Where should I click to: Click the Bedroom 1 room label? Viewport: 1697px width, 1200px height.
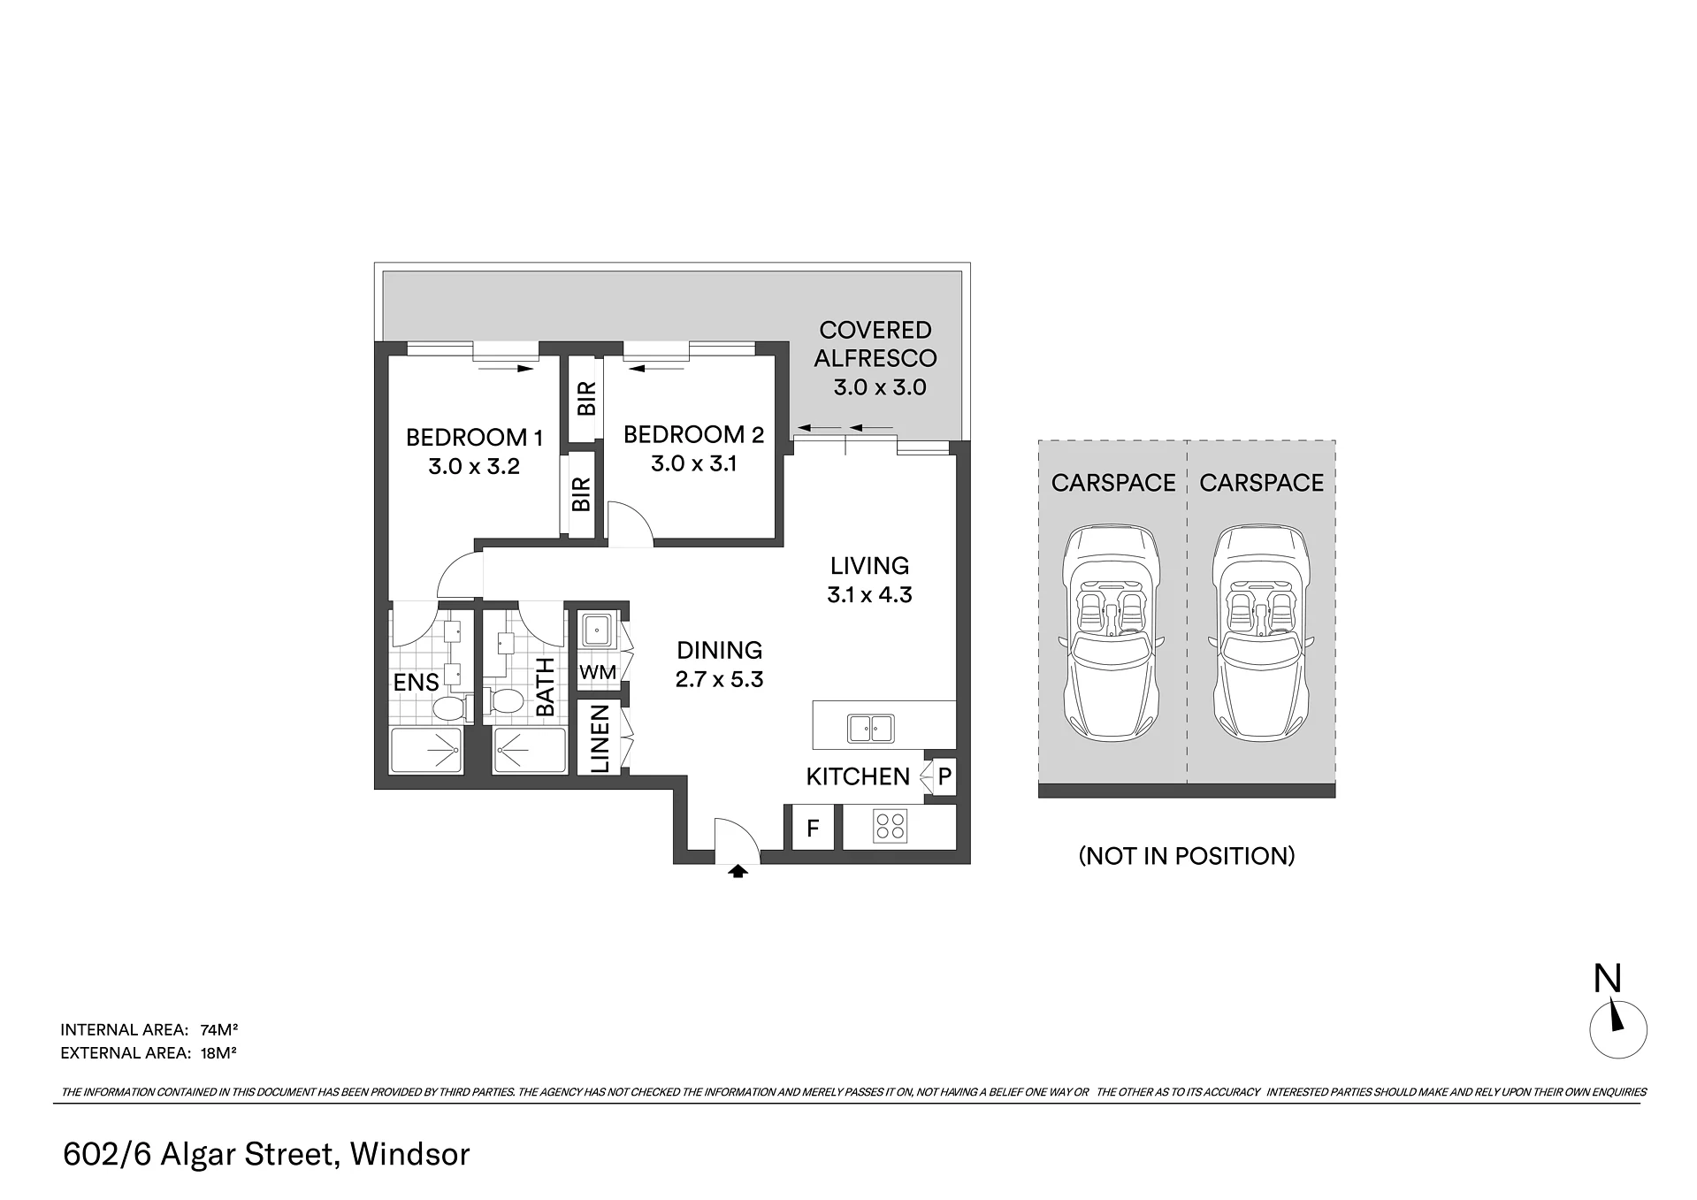[x=474, y=437]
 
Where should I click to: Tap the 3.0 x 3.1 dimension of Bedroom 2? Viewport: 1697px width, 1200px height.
[x=694, y=463]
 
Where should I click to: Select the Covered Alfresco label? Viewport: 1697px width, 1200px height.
[x=875, y=344]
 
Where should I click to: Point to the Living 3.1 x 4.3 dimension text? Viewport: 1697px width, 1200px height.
[x=869, y=595]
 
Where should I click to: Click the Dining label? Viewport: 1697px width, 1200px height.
[x=719, y=650]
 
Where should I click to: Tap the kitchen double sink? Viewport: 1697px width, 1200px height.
[x=871, y=729]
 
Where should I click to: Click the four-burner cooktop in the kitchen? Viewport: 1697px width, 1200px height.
[x=889, y=826]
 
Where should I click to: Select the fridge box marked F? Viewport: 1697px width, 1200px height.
[x=813, y=828]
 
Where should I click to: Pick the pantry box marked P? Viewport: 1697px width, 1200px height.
[x=944, y=777]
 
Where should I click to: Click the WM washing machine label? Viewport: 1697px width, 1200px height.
[x=598, y=672]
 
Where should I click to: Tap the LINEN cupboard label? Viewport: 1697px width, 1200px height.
[x=600, y=738]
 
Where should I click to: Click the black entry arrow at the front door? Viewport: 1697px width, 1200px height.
[x=738, y=871]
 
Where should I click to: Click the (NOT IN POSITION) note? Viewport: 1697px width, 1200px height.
[x=1187, y=856]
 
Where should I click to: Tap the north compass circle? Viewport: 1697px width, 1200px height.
[x=1618, y=1030]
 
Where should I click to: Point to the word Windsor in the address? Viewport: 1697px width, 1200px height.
[x=409, y=1154]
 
